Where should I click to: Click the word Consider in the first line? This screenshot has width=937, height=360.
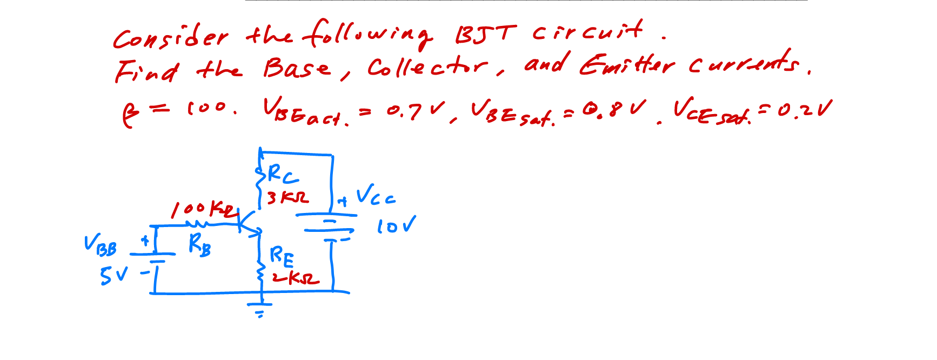[x=170, y=38]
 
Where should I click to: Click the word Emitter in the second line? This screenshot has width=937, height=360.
[x=627, y=65]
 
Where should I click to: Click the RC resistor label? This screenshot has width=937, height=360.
[x=283, y=175]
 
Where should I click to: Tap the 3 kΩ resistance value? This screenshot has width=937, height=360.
[x=288, y=198]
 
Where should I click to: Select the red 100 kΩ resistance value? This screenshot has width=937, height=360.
[x=204, y=209]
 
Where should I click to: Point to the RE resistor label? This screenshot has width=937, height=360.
[x=282, y=256]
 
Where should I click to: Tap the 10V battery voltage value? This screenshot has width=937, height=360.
[x=396, y=225]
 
